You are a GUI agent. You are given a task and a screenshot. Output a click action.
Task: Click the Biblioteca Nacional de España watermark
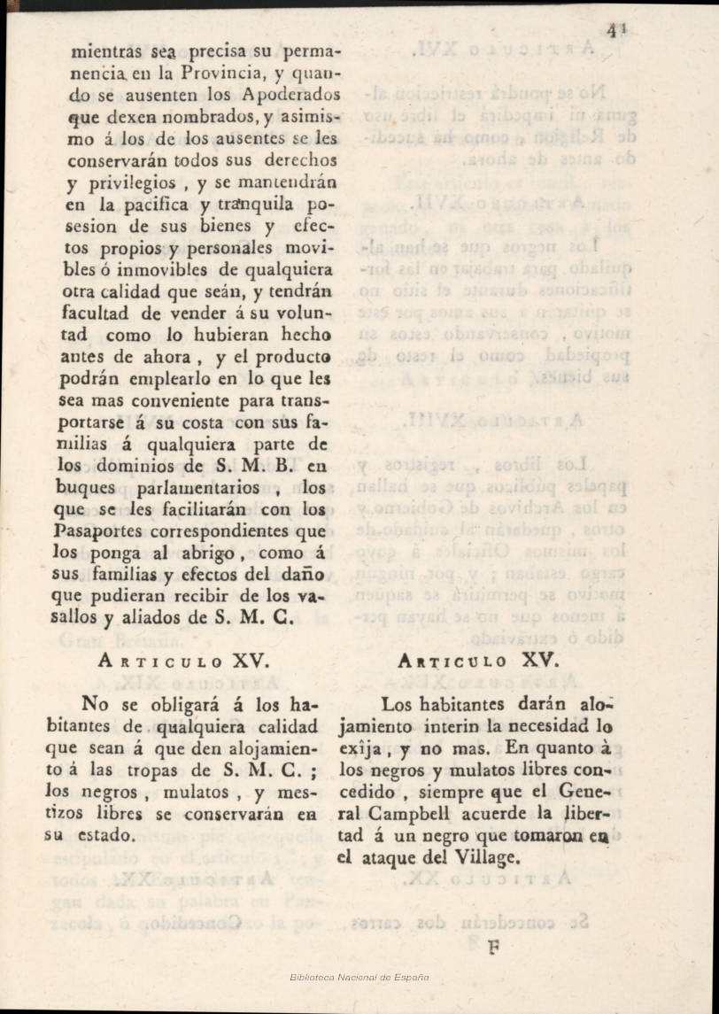click(x=359, y=977)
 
